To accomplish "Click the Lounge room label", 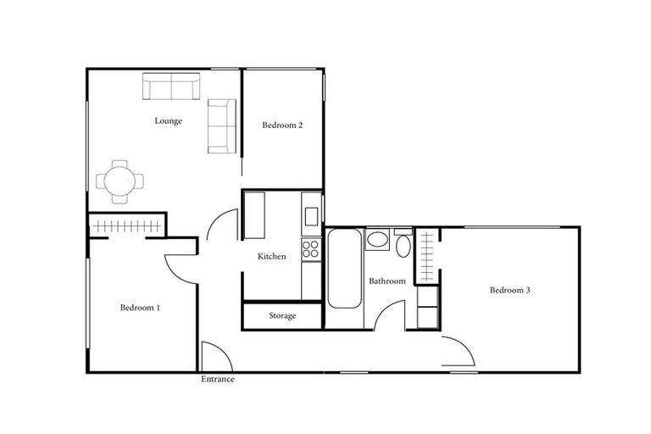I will tap(168, 121).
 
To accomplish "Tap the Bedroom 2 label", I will tap(282, 125).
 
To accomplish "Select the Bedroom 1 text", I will tap(140, 308).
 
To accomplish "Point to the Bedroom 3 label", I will tap(509, 291).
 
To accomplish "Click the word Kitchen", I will tap(272, 257).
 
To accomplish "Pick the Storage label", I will tap(282, 316).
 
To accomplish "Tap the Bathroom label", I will tap(387, 281).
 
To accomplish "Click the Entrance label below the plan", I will tap(217, 380).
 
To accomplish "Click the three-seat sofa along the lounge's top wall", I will tap(171, 86).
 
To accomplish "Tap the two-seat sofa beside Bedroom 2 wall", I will tap(221, 125).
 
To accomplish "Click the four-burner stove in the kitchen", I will tap(311, 248).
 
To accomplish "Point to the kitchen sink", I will tap(311, 213).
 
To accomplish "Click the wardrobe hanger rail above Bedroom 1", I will tap(127, 226).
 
